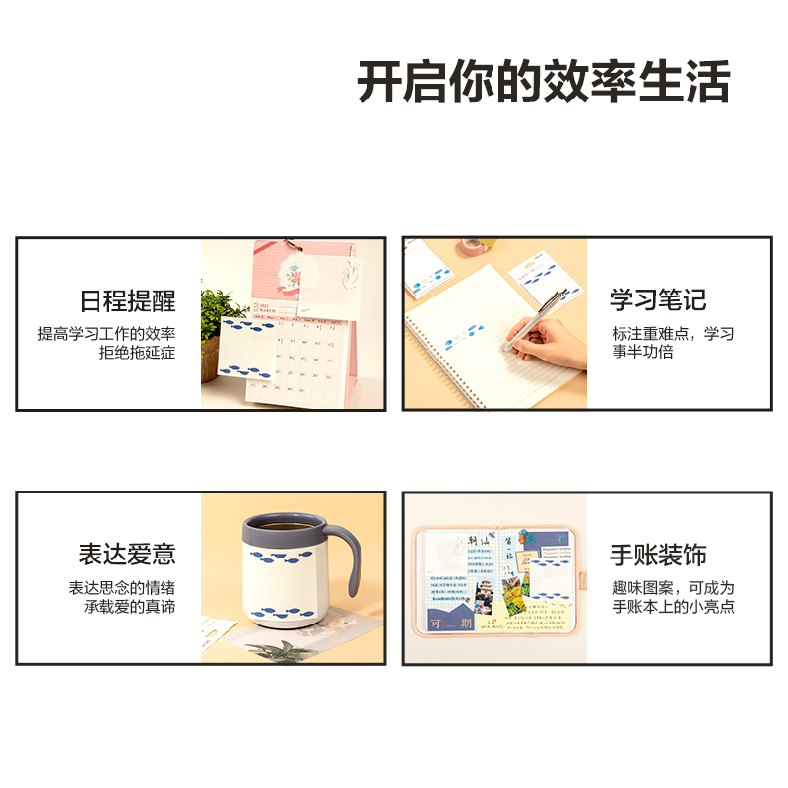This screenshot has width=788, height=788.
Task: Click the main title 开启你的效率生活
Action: tap(543, 83)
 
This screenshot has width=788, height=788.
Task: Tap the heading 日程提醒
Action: tap(128, 301)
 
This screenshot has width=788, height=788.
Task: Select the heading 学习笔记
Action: tap(657, 301)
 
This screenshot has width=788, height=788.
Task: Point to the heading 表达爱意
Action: tap(128, 555)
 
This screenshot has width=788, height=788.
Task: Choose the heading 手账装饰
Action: tap(657, 556)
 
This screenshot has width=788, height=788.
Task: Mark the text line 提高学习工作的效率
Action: tap(107, 333)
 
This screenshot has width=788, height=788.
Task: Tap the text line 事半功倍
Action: tap(642, 352)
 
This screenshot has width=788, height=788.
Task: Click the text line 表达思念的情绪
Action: tap(122, 588)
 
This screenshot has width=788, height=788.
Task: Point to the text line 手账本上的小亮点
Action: tap(673, 607)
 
